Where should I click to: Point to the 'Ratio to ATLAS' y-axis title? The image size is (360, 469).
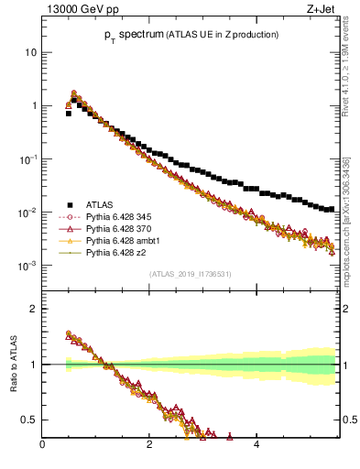pyautogui.click(x=13, y=370)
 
